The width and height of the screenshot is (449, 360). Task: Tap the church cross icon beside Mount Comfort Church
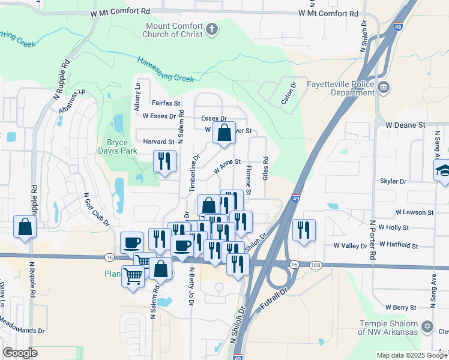(211, 29)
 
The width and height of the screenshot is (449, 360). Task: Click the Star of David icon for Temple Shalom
(427, 327)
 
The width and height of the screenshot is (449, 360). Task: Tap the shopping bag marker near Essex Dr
(224, 134)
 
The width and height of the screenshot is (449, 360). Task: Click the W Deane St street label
(405, 125)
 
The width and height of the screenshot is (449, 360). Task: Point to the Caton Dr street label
(289, 94)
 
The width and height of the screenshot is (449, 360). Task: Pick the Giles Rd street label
(265, 168)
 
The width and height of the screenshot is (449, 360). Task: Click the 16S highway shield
(314, 265)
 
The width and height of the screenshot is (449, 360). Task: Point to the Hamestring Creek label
(166, 69)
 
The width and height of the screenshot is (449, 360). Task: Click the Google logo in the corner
(19, 353)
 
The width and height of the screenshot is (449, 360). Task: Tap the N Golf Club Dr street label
(97, 208)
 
